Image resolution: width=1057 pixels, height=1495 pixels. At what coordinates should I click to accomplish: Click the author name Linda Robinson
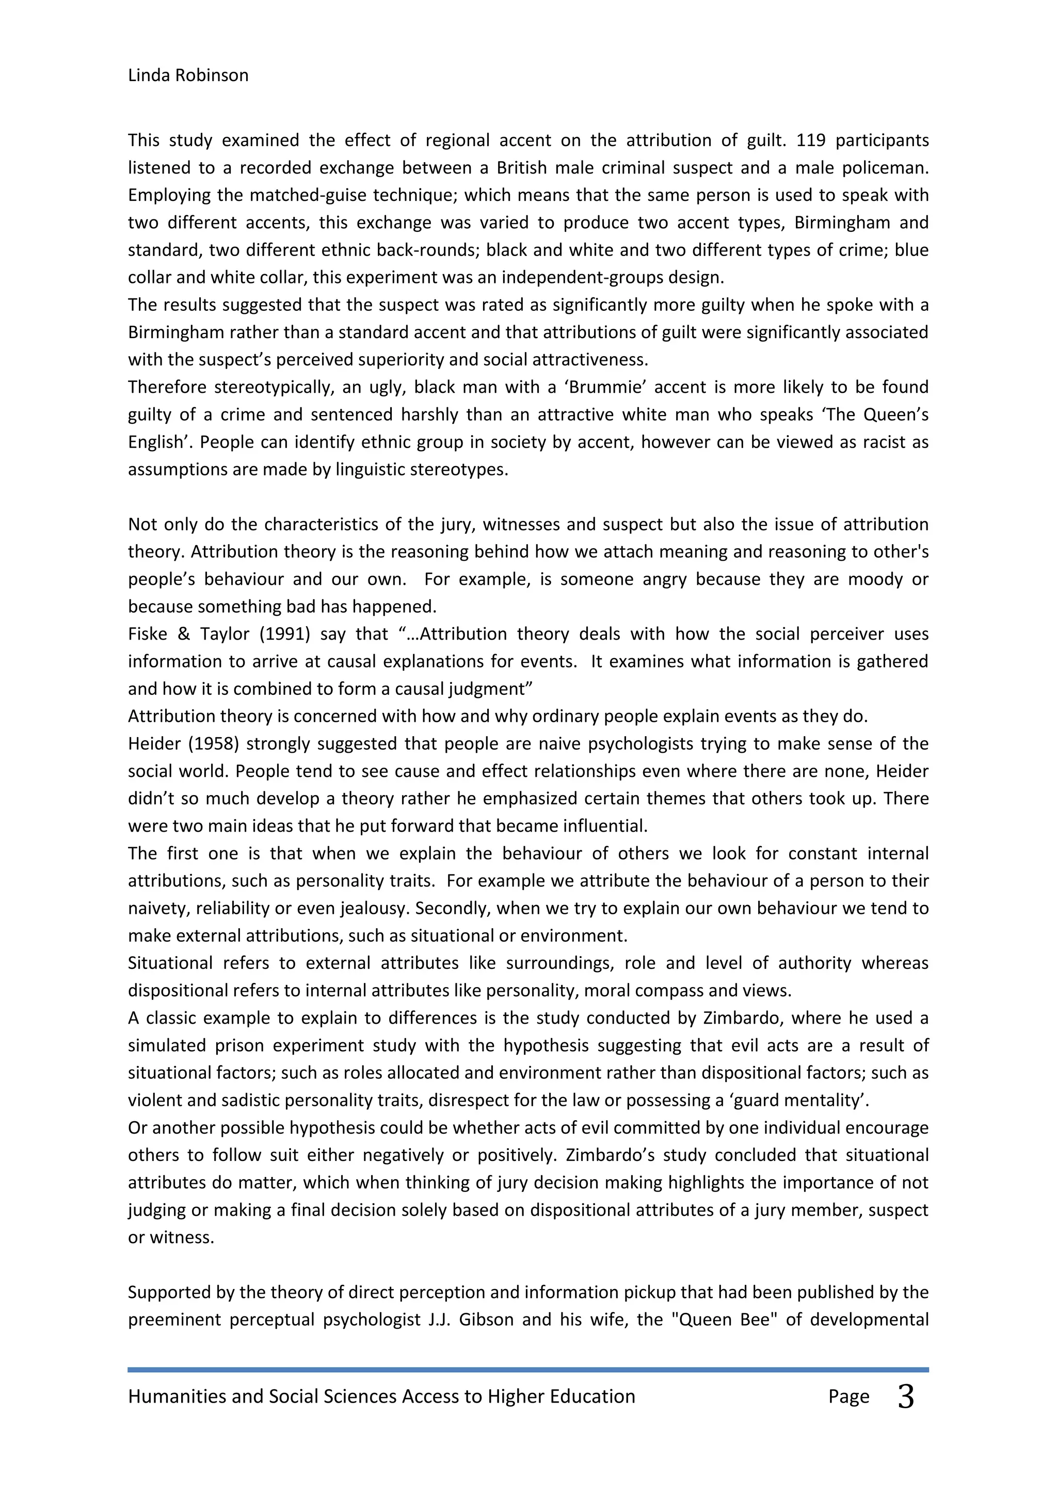188,75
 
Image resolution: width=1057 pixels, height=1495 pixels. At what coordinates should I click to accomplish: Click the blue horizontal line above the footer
528,1370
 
